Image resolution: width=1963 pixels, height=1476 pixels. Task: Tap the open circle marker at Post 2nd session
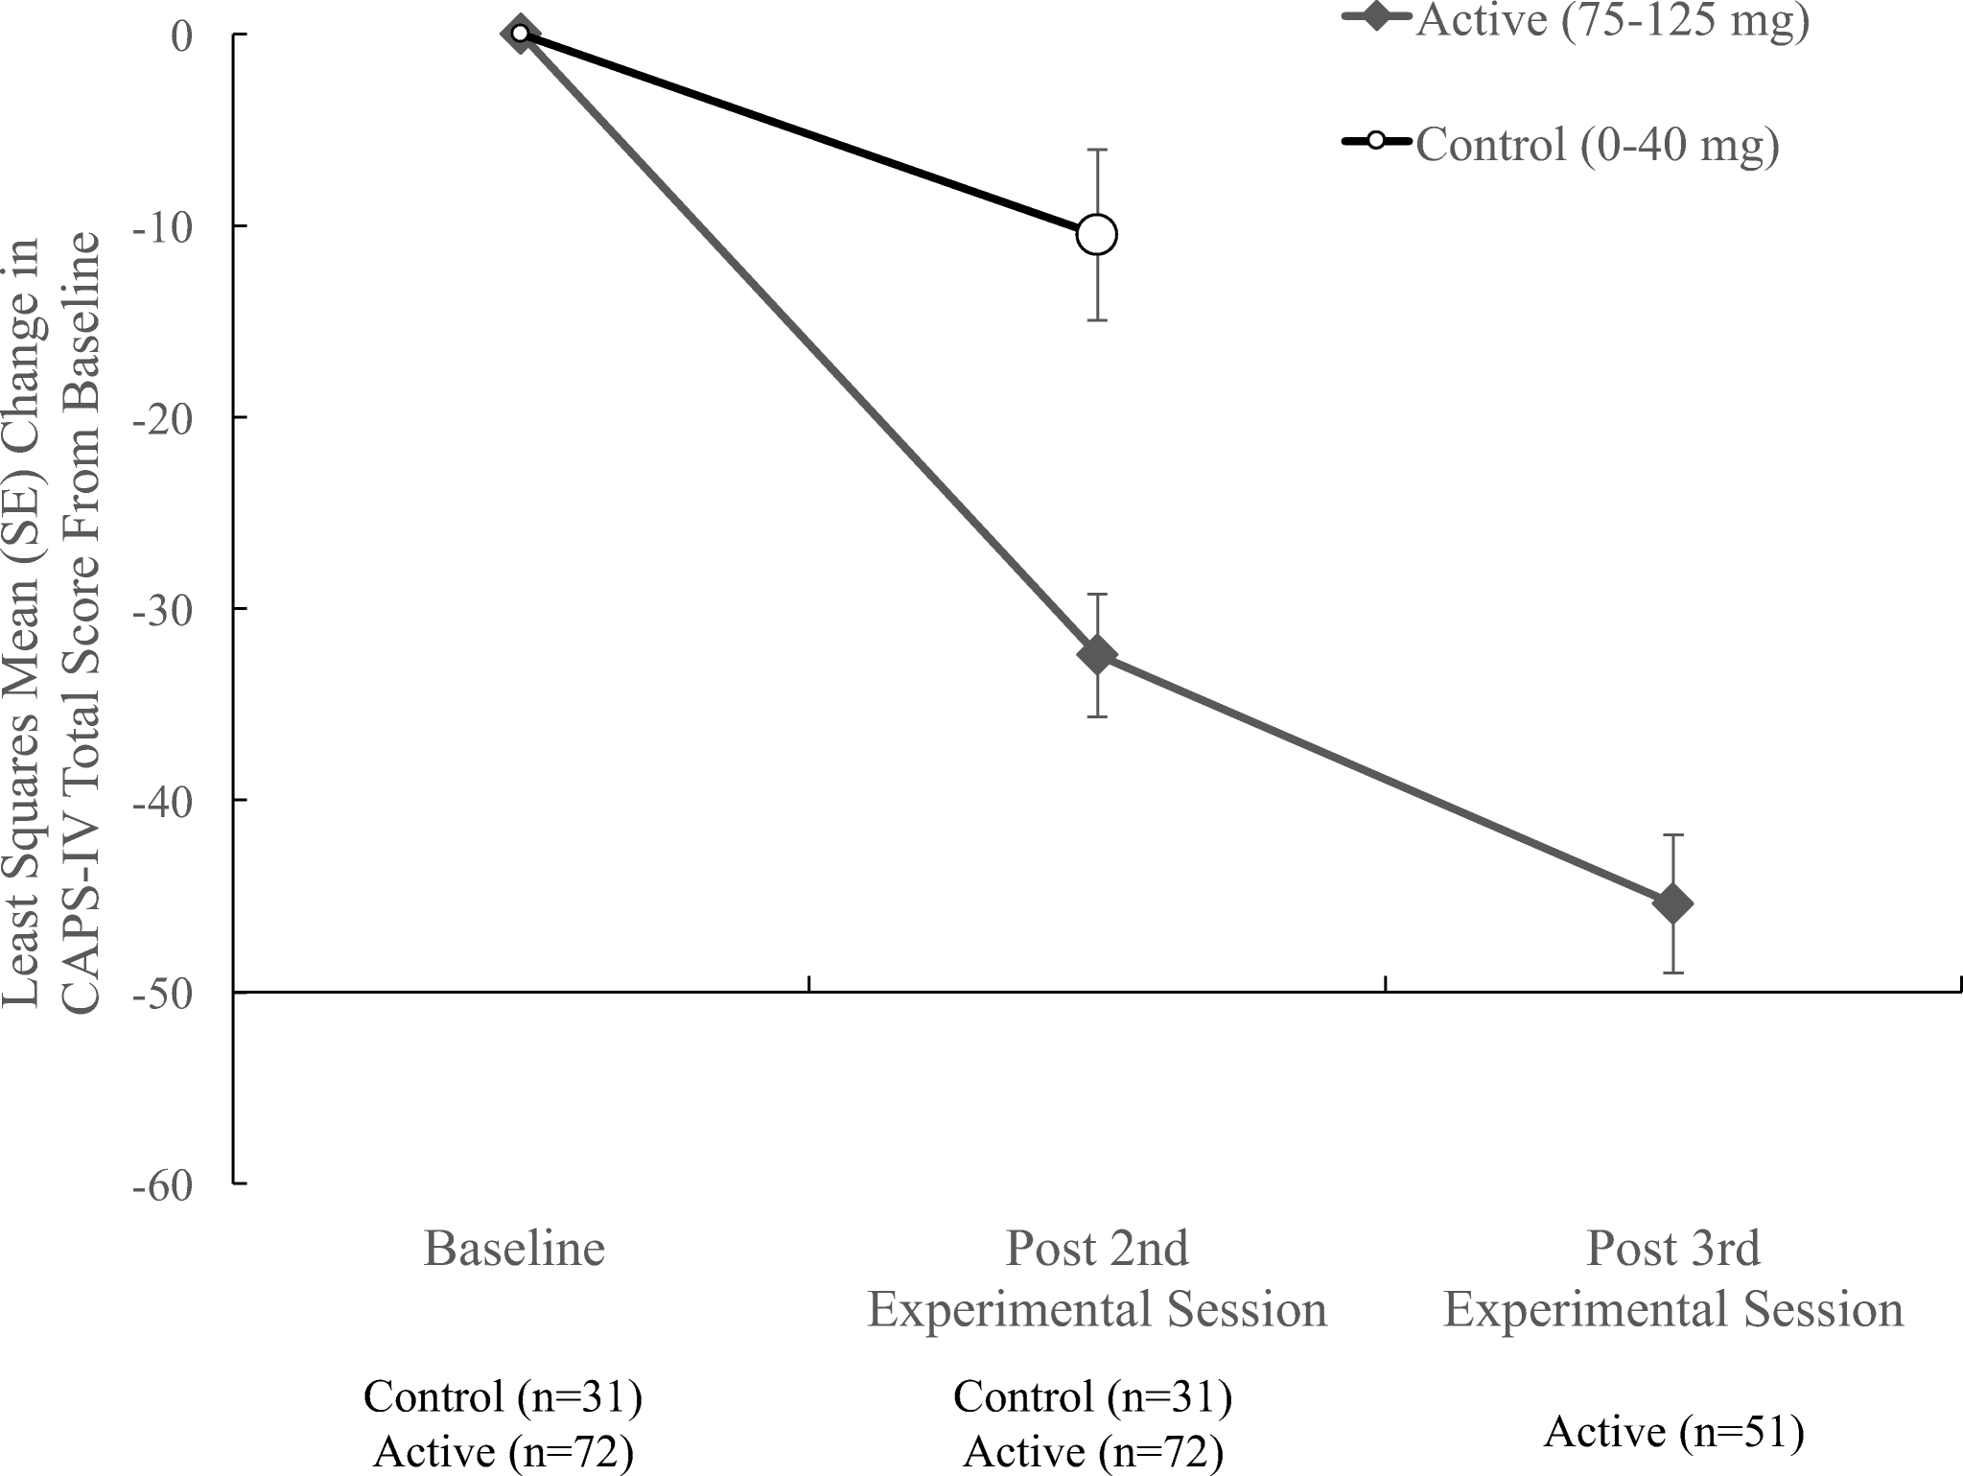1096,234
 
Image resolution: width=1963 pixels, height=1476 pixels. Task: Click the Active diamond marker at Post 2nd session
1096,655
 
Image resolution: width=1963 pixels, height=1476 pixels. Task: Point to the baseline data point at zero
519,34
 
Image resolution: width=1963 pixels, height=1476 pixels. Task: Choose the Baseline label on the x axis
515,1249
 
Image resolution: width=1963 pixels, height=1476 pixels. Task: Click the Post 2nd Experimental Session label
1096,1278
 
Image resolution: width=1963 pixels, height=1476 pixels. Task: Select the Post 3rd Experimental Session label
1673,1278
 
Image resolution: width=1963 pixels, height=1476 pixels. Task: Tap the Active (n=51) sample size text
1673,1433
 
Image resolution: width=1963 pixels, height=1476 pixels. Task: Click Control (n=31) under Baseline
502,1397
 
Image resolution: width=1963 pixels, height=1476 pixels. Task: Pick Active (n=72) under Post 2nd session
1092,1454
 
